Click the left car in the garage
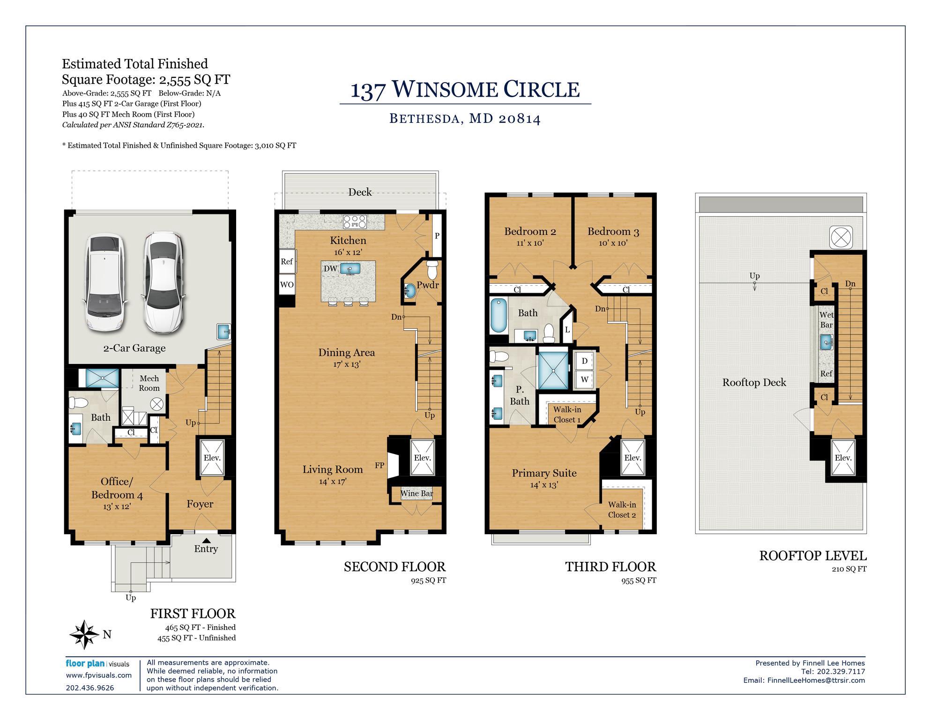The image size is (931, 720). (x=104, y=282)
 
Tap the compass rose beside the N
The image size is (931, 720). (x=84, y=634)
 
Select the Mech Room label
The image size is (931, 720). (x=149, y=383)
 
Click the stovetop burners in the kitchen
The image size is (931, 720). (x=355, y=221)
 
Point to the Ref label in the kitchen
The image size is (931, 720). (x=287, y=262)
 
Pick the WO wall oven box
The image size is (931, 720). (x=287, y=285)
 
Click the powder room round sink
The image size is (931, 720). (x=409, y=291)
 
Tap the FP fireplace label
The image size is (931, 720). (x=380, y=465)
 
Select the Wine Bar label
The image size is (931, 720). (x=416, y=493)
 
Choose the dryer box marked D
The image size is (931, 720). (x=584, y=361)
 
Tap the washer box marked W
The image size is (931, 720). (x=584, y=379)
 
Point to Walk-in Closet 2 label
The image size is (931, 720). (x=622, y=509)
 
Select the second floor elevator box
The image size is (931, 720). (x=422, y=457)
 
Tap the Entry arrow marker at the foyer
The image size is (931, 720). (x=206, y=541)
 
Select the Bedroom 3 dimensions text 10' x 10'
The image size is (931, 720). (x=613, y=243)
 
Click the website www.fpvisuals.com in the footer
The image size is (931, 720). (x=99, y=675)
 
